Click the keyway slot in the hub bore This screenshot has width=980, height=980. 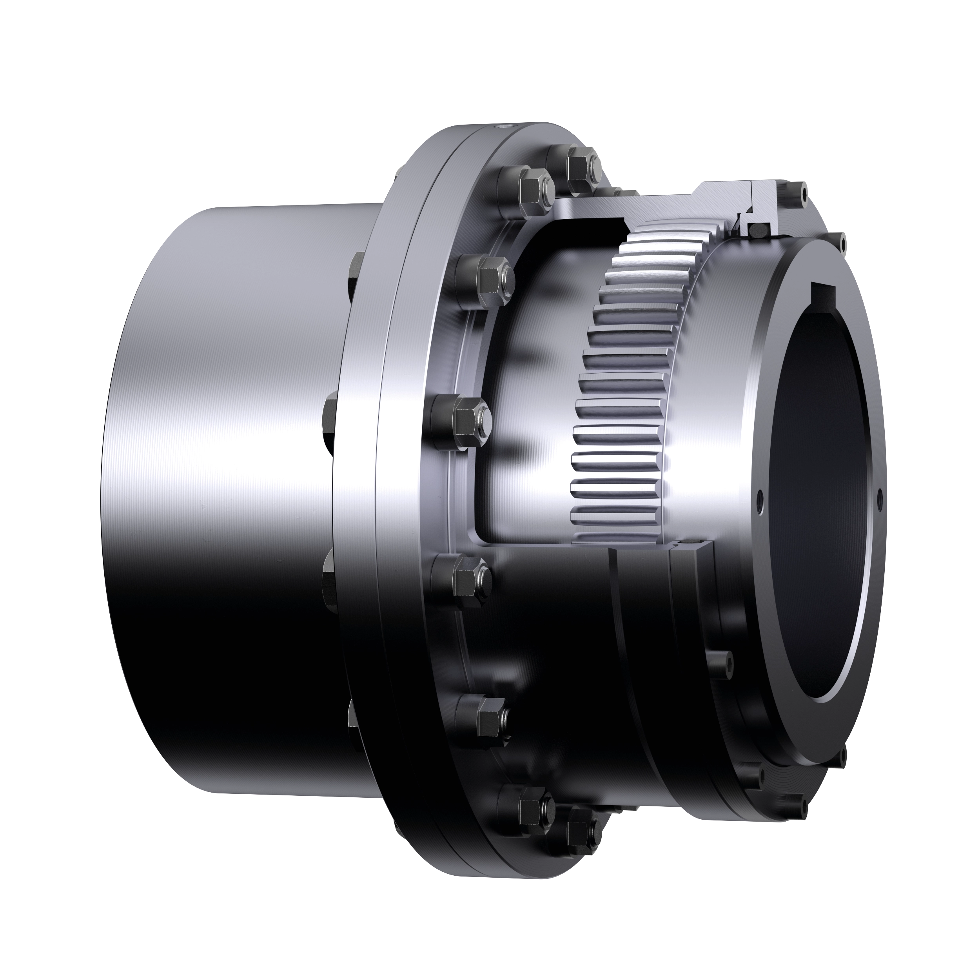(x=825, y=293)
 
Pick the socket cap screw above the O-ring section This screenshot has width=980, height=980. (x=803, y=193)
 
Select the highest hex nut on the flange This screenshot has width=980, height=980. (x=580, y=165)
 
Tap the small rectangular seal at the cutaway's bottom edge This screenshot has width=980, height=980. (x=690, y=544)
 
